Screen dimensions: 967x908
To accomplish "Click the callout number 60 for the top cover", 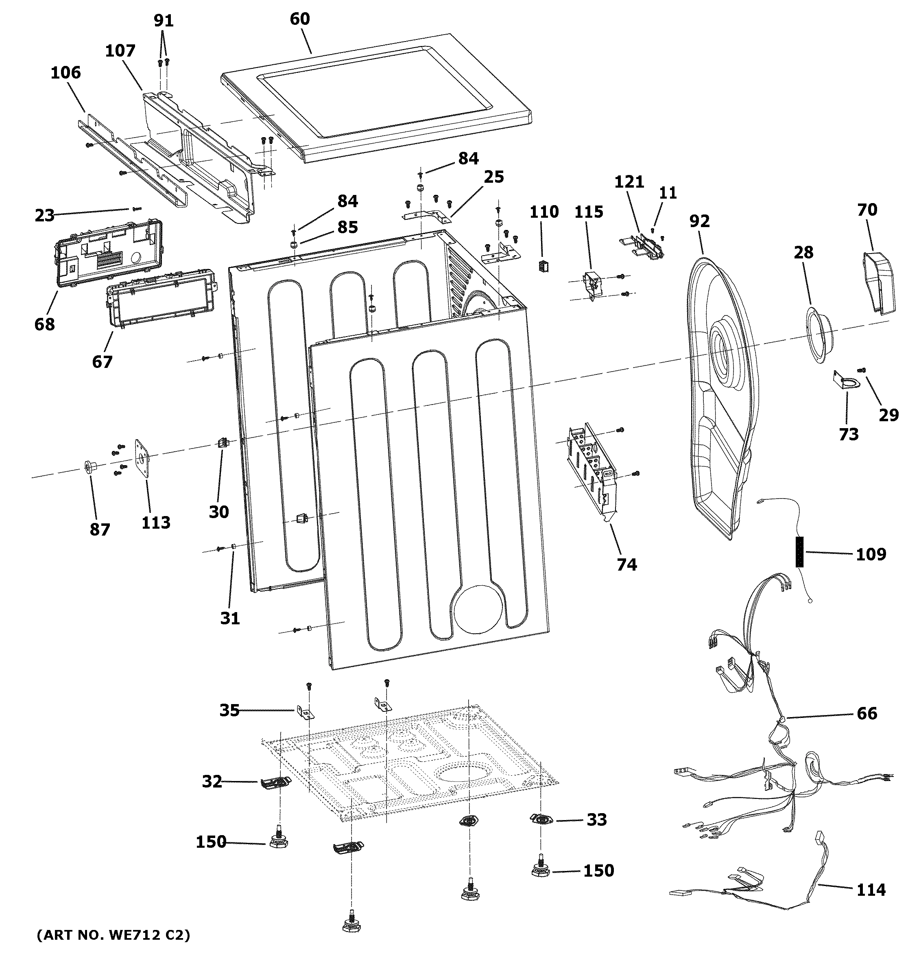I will [299, 19].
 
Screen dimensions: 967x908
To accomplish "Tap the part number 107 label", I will [120, 50].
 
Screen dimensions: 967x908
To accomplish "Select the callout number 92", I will [699, 221].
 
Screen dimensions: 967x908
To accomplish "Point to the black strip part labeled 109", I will [799, 551].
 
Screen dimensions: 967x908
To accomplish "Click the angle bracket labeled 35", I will [305, 713].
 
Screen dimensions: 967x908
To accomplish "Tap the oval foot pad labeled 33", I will [541, 820].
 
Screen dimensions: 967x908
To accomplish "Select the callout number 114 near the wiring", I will [871, 890].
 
